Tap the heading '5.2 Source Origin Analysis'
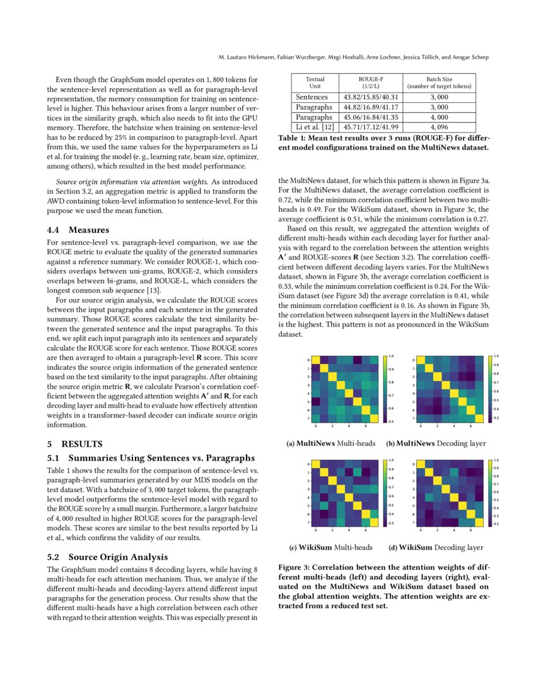point(108,556)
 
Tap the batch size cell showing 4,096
point(439,127)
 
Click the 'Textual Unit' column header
point(315,83)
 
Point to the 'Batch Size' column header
point(439,83)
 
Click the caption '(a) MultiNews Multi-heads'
point(331,443)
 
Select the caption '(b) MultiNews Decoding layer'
point(436,443)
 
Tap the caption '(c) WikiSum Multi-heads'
point(331,547)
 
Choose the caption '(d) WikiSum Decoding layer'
point(436,547)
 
